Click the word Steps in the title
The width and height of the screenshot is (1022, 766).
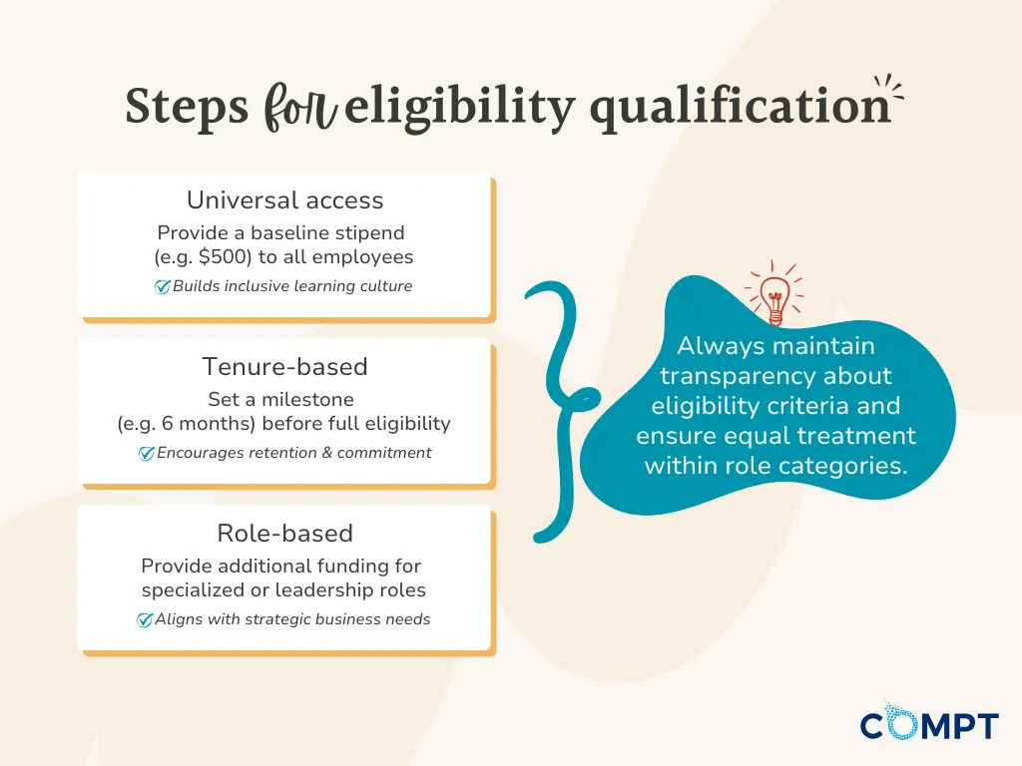coord(187,107)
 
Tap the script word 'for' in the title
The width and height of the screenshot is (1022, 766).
coord(300,107)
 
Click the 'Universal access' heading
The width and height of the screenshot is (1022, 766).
coord(284,200)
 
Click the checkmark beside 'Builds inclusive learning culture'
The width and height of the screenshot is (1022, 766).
coord(163,286)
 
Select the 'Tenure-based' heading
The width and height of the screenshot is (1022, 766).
coord(284,367)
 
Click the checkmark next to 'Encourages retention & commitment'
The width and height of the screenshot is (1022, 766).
coord(146,453)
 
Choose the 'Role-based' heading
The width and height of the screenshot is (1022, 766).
coord(284,534)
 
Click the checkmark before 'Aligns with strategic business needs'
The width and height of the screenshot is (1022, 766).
coord(144,619)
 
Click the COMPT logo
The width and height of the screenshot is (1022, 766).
coord(929,722)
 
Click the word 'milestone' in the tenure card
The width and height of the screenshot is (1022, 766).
coord(307,399)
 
